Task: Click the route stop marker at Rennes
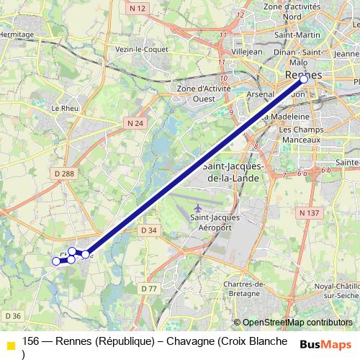pos(304,79)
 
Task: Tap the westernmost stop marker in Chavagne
pos(56,261)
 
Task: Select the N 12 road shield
pos(139,8)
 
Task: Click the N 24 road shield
pos(135,123)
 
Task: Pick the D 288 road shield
pos(64,174)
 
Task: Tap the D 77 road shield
pos(149,289)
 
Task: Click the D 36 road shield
pos(12,315)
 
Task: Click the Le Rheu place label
pos(65,108)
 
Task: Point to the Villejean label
pos(246,53)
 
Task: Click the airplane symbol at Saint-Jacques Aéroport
pos(197,209)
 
